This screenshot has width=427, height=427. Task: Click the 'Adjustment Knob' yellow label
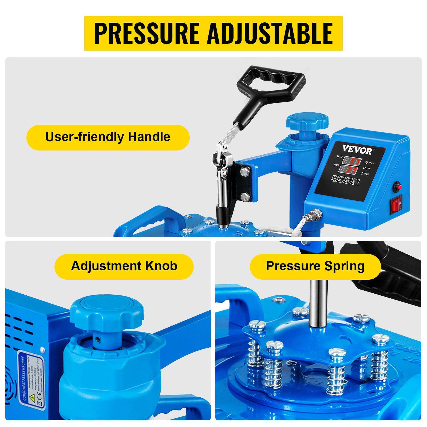pos(124,266)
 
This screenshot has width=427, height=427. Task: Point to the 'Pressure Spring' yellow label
pos(315,266)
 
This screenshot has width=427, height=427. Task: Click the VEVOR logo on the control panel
pos(357,150)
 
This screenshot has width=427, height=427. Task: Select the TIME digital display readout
pos(348,170)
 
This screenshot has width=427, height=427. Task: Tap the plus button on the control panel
pos(348,180)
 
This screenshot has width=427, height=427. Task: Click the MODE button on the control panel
pos(342,180)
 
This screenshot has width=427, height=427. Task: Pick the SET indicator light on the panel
pos(365,168)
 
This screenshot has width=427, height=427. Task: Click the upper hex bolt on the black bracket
pos(245,172)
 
